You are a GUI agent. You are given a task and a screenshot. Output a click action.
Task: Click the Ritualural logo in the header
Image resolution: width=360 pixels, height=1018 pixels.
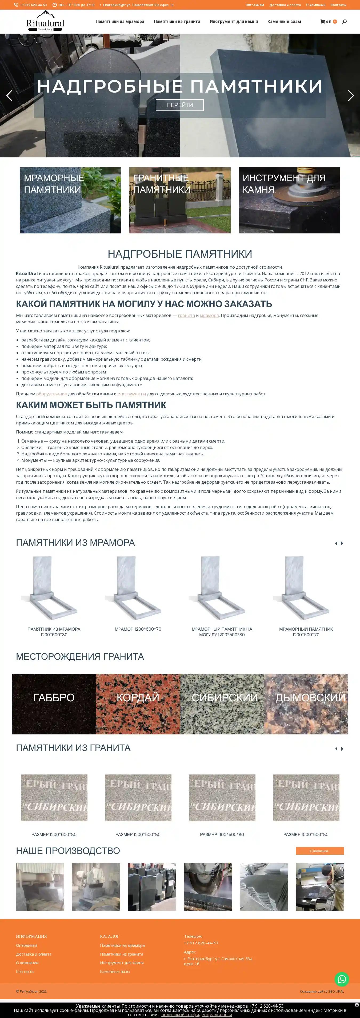pos(45,21)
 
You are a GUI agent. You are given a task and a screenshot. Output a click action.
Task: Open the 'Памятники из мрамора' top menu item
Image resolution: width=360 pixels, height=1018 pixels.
pos(120,22)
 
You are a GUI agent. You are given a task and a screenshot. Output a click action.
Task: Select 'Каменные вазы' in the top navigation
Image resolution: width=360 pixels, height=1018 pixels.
pos(284,22)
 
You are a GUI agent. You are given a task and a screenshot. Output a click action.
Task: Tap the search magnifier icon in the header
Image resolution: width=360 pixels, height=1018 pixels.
pos(344,22)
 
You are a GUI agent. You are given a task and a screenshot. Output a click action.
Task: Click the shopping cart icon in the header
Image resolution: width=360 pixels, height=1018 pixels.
pos(322,22)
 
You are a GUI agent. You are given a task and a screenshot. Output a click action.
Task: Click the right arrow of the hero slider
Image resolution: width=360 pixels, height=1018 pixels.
pos(350,95)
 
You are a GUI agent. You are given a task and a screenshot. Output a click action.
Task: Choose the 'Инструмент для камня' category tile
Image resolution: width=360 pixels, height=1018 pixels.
pos(289,200)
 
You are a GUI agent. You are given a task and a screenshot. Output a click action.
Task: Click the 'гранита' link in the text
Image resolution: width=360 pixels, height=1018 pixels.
pos(186,315)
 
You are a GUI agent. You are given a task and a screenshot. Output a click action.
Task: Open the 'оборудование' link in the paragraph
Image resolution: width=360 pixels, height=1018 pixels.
pos(51,393)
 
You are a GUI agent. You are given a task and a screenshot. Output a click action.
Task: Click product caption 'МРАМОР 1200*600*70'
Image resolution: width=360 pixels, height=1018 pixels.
pos(138,629)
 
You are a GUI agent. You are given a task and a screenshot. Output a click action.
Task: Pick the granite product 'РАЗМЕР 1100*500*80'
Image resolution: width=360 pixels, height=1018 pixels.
pos(222,834)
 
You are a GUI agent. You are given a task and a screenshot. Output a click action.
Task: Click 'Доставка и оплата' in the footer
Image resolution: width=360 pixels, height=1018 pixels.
pos(34,954)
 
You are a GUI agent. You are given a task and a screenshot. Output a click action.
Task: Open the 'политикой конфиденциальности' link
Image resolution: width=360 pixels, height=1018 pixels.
pos(196,1015)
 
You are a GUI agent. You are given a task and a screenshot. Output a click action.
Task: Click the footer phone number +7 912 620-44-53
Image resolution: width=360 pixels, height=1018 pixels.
pos(201,943)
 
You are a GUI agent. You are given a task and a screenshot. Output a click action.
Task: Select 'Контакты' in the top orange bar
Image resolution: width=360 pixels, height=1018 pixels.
pos(338,5)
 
